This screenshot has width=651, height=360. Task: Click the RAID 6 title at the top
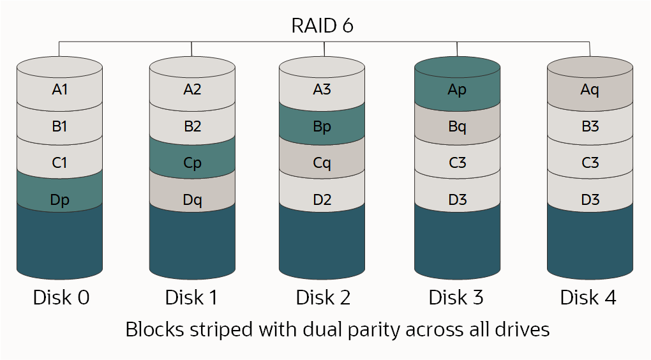(x=322, y=26)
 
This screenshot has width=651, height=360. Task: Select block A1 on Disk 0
(x=59, y=90)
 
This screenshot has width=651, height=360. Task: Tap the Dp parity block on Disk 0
(x=59, y=200)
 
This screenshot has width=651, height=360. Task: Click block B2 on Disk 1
(x=192, y=126)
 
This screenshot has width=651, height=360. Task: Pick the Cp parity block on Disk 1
(x=192, y=163)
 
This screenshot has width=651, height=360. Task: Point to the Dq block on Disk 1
(x=192, y=200)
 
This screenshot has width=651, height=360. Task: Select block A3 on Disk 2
(x=322, y=90)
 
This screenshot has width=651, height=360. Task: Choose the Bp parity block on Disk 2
(x=322, y=126)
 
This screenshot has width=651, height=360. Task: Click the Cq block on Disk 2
(x=322, y=163)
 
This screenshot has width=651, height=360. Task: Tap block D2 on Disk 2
(x=322, y=200)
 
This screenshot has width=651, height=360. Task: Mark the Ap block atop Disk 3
(x=457, y=90)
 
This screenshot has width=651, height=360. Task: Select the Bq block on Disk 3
(x=457, y=126)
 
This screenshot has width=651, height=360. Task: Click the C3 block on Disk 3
(x=457, y=163)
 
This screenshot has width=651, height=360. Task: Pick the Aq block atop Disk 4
(x=590, y=90)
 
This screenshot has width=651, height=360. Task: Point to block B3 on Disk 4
(x=590, y=126)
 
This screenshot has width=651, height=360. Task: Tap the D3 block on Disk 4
(x=590, y=200)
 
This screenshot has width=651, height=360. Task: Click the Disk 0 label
(x=61, y=297)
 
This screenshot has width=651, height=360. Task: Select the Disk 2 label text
(x=323, y=297)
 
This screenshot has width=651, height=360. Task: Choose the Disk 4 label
(x=588, y=297)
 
